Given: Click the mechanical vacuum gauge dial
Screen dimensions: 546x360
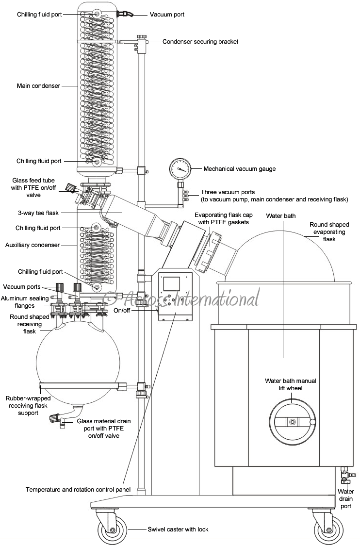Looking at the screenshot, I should (x=179, y=169).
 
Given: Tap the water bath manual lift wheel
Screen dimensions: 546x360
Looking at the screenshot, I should (x=292, y=422).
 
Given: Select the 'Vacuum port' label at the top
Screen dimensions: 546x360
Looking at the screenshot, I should (x=167, y=15).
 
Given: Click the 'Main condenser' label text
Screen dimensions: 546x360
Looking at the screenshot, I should (x=38, y=86).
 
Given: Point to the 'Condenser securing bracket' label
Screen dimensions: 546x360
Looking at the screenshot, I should (x=200, y=42).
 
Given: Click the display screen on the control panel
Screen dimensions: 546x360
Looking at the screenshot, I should (x=172, y=284).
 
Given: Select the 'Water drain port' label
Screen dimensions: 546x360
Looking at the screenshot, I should (x=345, y=499).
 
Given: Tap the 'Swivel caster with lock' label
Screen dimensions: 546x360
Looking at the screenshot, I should (x=178, y=529).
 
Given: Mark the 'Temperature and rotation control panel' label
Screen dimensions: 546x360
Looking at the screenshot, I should (x=78, y=490).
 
